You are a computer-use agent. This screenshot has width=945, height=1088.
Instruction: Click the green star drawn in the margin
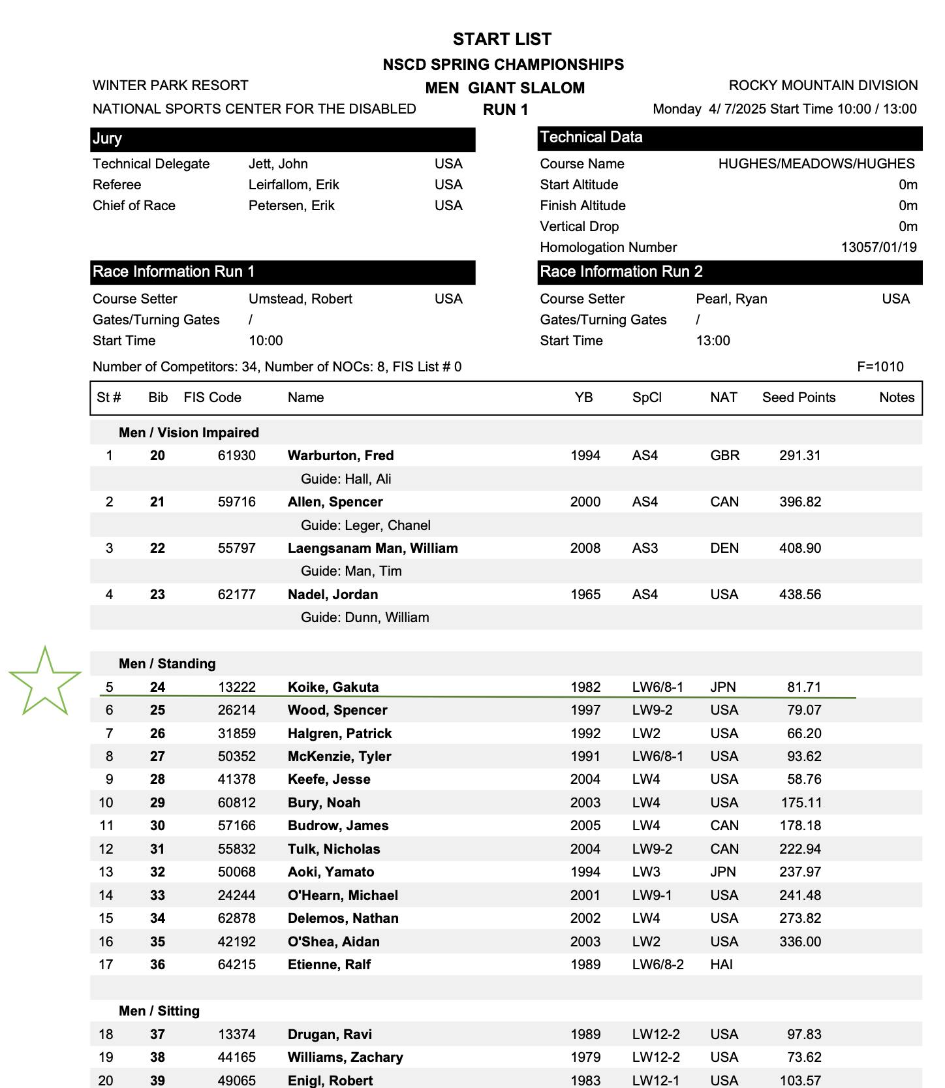pyautogui.click(x=45, y=681)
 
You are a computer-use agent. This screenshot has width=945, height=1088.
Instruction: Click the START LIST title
pyautogui.click(x=502, y=39)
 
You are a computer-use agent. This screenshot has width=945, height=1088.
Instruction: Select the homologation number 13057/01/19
pyautogui.click(x=878, y=247)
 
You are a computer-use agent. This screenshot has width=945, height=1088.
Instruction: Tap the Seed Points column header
pyautogui.click(x=798, y=397)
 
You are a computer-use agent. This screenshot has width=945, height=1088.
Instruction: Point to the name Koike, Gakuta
pyautogui.click(x=333, y=687)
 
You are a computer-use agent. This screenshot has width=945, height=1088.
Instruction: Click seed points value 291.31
pyautogui.click(x=799, y=456)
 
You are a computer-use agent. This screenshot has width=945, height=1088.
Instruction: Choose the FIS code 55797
pyautogui.click(x=236, y=548)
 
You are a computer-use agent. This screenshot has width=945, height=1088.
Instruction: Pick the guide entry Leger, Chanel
pyautogui.click(x=365, y=525)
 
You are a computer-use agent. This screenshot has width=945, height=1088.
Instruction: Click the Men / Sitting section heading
pyautogui.click(x=159, y=1011)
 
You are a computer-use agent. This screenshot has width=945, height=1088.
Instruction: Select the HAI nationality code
pyautogui.click(x=721, y=965)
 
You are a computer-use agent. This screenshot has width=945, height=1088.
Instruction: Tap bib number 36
pyautogui.click(x=157, y=965)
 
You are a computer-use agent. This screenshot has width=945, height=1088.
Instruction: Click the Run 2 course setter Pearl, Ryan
pyautogui.click(x=731, y=299)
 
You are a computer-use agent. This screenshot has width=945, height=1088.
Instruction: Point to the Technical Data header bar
pyautogui.click(x=730, y=138)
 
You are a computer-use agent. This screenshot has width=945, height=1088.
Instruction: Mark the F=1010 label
pyautogui.click(x=880, y=367)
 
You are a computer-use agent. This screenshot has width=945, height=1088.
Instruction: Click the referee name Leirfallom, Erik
pyautogui.click(x=294, y=185)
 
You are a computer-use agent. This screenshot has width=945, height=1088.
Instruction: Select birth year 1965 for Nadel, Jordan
pyautogui.click(x=585, y=595)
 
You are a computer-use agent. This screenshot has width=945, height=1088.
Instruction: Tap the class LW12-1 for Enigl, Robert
pyautogui.click(x=655, y=1081)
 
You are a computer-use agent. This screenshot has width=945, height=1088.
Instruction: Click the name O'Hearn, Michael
pyautogui.click(x=343, y=895)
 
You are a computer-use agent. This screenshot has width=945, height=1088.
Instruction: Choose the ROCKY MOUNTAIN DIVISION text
pyautogui.click(x=823, y=85)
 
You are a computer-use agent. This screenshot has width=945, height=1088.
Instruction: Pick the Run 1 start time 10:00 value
pyautogui.click(x=266, y=341)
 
